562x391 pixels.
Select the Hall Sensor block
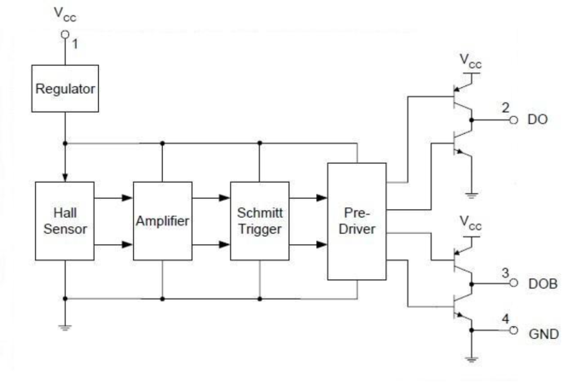click(x=63, y=219)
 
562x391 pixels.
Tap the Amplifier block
click(x=161, y=219)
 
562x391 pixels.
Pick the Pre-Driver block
click(x=356, y=219)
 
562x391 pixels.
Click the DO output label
click(x=537, y=120)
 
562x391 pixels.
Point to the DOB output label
click(x=542, y=283)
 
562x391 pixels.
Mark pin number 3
click(x=505, y=272)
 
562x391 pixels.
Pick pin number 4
click(x=505, y=321)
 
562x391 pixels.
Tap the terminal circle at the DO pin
click(x=514, y=120)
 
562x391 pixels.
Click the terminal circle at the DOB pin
click(x=514, y=283)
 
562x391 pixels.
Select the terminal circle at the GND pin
click(x=514, y=333)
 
